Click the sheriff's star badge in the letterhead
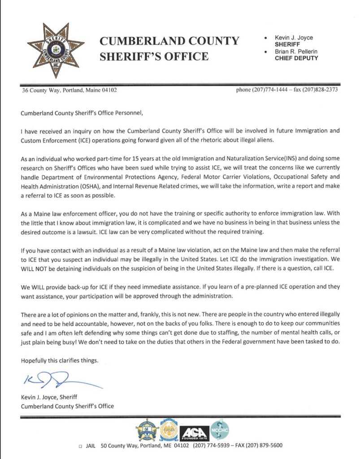point(55,48)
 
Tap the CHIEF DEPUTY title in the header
point(296,58)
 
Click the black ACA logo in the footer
point(194,432)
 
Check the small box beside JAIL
point(80,446)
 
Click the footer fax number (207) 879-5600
point(265,446)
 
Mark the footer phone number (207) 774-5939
point(211,446)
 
